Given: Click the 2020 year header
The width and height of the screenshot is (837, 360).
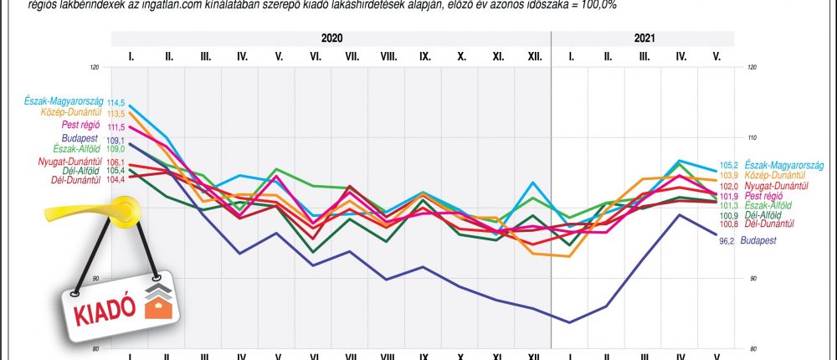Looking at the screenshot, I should (x=331, y=39).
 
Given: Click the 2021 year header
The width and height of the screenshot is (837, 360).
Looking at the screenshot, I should (x=644, y=39).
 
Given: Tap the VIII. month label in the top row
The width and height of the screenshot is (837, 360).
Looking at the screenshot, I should (x=388, y=57).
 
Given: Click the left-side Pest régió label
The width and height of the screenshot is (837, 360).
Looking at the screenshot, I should (x=82, y=125).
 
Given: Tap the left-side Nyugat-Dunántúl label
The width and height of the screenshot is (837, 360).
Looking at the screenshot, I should (x=70, y=161).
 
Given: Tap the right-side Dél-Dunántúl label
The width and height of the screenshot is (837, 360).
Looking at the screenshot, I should (x=768, y=224).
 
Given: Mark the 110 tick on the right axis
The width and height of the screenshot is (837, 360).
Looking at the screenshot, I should (x=754, y=137).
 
